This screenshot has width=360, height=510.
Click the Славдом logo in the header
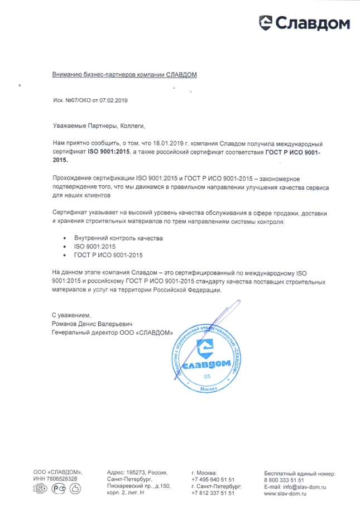(304, 23)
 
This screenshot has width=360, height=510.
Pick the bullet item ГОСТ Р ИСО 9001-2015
(108, 255)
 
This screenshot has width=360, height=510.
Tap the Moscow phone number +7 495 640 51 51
(213, 479)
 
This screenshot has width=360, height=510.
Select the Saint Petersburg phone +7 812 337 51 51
(213, 493)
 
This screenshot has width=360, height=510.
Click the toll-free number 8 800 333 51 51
(284, 479)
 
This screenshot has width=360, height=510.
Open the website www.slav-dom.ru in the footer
(287, 494)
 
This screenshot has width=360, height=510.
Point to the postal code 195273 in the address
(138, 472)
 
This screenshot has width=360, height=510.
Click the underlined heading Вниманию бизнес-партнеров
(124, 74)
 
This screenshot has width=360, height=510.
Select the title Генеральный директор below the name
(83, 332)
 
